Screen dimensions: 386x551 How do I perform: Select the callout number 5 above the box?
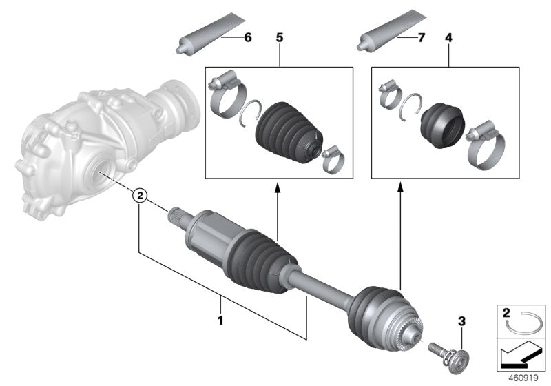[x=280, y=38]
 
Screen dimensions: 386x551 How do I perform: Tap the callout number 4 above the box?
[x=449, y=38]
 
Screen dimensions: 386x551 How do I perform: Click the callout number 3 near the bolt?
[x=461, y=321]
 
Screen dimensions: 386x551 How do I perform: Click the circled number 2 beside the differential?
[x=140, y=196]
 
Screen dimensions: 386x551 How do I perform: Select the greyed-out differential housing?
[x=90, y=145]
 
